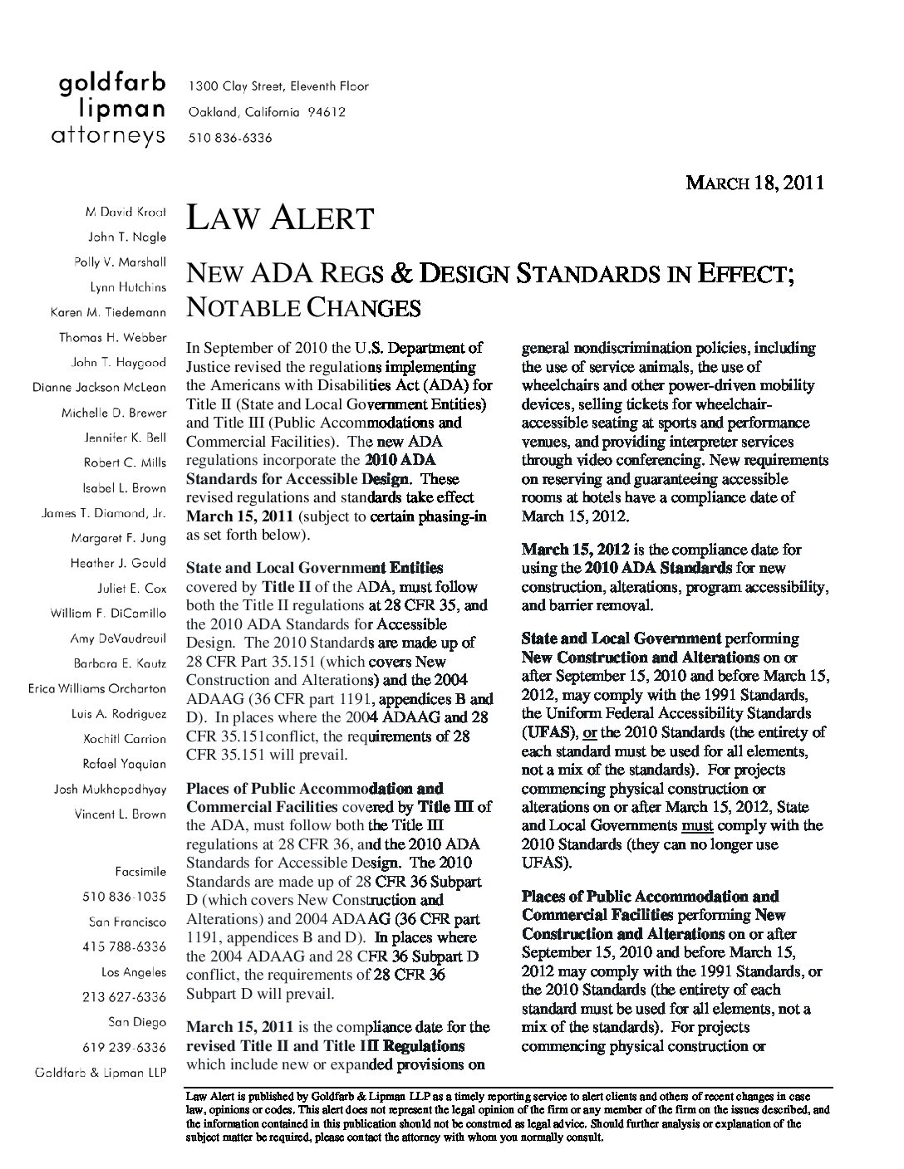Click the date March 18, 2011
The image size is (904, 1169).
click(754, 183)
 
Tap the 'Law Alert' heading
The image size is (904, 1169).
click(280, 219)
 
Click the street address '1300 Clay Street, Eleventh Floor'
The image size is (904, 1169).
click(278, 86)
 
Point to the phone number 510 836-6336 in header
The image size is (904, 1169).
click(230, 138)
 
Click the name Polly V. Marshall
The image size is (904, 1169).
click(120, 262)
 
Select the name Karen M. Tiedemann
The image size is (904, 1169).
click(108, 312)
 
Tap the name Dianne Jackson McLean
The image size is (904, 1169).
click(99, 387)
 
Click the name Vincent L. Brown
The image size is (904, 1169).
click(120, 814)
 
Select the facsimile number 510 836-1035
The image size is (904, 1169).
click(125, 897)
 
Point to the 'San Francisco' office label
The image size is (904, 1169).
click(127, 922)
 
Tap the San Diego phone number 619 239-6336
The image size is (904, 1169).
click(125, 1047)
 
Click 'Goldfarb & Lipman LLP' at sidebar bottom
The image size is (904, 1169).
click(100, 1072)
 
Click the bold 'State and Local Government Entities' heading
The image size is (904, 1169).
click(314, 568)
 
